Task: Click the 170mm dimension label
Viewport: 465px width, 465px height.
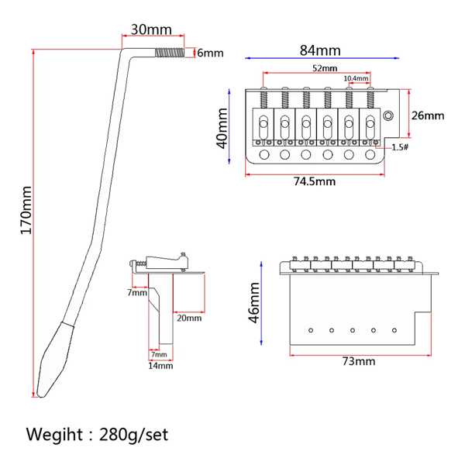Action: point(26,210)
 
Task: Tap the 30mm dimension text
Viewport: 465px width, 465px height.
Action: point(151,29)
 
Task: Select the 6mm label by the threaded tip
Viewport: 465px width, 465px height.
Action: point(210,53)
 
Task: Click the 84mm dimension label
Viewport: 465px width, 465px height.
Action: point(320,50)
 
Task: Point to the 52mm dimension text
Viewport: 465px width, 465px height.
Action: point(325,68)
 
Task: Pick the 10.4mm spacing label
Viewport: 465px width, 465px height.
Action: point(356,78)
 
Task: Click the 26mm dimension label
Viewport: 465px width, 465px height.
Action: point(428,115)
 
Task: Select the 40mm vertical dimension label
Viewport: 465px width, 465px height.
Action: point(222,128)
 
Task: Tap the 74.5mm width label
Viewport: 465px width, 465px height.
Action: point(315,181)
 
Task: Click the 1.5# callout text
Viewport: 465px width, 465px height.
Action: point(400,147)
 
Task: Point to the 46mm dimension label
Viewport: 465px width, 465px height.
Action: point(254,302)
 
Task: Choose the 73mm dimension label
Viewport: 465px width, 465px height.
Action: point(359,361)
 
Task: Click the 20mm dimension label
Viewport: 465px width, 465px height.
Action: point(189,319)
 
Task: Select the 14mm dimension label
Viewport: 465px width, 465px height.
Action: point(160,366)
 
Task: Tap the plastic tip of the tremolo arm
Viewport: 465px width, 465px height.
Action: point(56,360)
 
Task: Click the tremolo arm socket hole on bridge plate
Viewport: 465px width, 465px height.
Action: point(388,115)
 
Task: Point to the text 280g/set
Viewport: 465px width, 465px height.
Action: point(133,435)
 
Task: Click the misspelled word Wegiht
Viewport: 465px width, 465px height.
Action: point(54,435)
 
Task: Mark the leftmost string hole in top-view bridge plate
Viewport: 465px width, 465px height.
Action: point(264,154)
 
